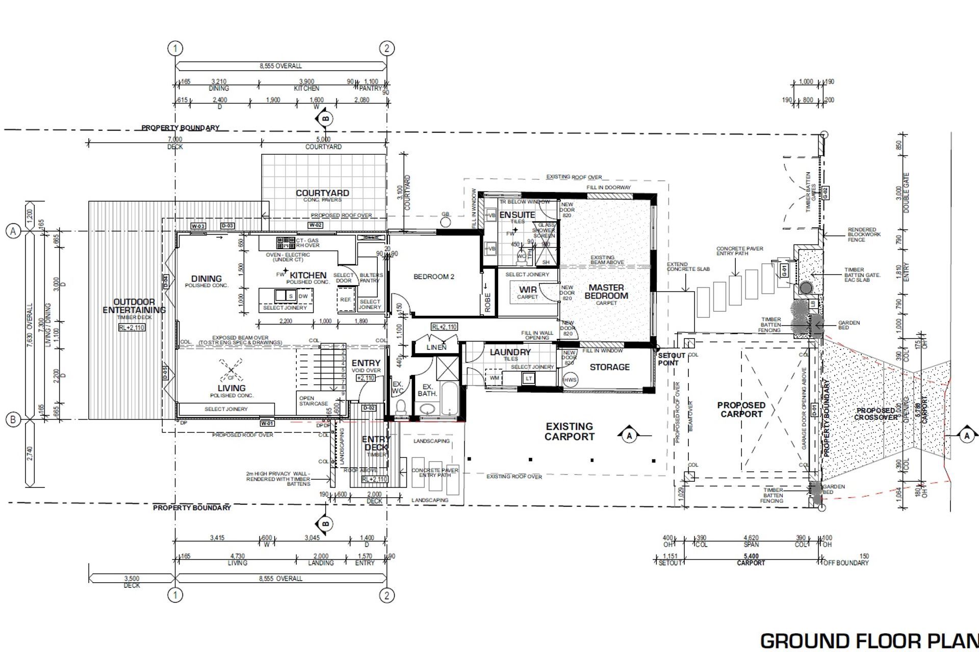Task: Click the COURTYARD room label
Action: click(322, 193)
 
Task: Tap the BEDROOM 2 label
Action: click(433, 277)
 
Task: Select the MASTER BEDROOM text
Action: click(606, 291)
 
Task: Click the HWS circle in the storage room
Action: click(570, 379)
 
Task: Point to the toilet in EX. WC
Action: click(401, 406)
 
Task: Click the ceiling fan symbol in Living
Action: click(230, 370)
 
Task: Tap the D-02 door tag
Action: click(369, 408)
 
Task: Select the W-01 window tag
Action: click(267, 423)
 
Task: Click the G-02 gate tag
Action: click(825, 193)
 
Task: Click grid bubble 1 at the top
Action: click(175, 48)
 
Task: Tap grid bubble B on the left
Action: click(13, 420)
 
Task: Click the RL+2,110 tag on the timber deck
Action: click(132, 328)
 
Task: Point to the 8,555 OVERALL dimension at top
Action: click(280, 66)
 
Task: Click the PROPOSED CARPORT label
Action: click(741, 410)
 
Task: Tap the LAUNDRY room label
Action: click(510, 352)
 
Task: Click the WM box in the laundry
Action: click(494, 378)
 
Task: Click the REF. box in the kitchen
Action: click(345, 300)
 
